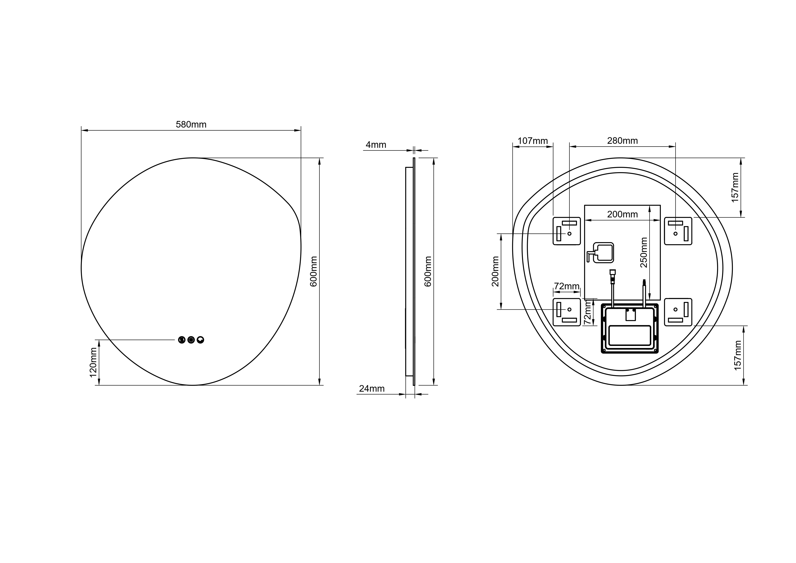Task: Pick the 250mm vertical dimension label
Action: tap(644, 252)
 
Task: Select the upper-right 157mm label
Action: tap(735, 188)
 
